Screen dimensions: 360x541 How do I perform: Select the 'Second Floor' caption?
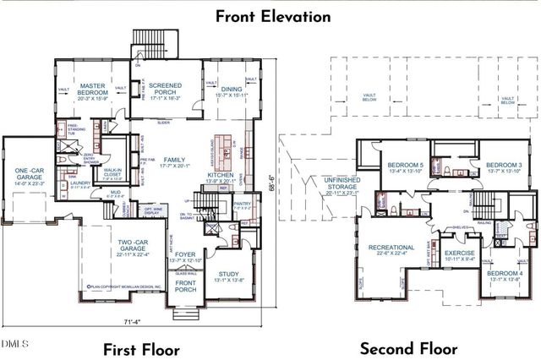[x=408, y=348]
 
